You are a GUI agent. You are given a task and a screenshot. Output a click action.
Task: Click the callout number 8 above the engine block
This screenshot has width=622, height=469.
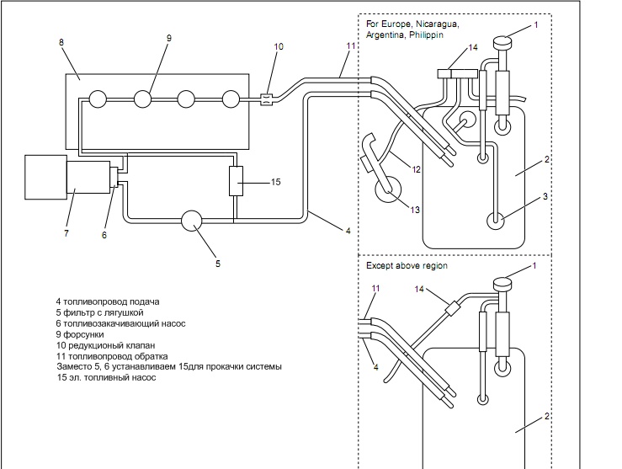click(61, 42)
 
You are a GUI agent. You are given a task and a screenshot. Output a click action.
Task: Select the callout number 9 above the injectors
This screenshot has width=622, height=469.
click(169, 38)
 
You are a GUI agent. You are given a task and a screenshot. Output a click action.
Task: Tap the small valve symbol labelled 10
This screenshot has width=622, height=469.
click(266, 99)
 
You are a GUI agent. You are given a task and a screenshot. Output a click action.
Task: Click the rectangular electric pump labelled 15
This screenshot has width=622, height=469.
click(236, 181)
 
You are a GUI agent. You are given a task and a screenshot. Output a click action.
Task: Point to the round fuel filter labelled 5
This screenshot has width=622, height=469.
click(191, 221)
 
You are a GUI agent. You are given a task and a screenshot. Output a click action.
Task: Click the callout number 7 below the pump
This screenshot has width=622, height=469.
click(66, 233)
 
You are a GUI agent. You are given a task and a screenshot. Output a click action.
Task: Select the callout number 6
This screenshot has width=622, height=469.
click(104, 235)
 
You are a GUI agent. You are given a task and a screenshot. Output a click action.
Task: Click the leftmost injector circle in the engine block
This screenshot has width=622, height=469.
click(98, 99)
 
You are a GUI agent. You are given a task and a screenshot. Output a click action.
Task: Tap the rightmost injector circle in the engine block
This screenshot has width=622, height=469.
click(231, 99)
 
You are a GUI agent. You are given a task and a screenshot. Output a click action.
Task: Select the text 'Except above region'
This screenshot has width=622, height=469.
click(407, 265)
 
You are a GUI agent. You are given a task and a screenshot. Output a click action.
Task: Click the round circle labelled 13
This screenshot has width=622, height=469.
click(388, 189)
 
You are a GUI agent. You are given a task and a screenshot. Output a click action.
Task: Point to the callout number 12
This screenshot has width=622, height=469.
click(416, 169)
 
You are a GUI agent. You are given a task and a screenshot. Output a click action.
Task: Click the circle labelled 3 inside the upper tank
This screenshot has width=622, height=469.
click(496, 221)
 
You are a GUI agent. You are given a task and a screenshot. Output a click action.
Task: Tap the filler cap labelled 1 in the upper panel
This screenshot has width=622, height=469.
click(502, 41)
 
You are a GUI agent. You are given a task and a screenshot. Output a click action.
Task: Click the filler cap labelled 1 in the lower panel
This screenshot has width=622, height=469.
click(502, 285)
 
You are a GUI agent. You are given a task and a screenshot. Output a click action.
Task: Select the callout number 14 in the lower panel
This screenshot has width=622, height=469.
click(419, 290)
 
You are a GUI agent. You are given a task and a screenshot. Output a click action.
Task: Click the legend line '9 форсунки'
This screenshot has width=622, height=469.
click(80, 334)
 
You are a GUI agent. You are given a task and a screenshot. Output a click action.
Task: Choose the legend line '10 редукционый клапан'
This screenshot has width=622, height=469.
click(106, 345)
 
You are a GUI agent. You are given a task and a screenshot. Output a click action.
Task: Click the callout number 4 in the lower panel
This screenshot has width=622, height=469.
click(376, 367)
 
